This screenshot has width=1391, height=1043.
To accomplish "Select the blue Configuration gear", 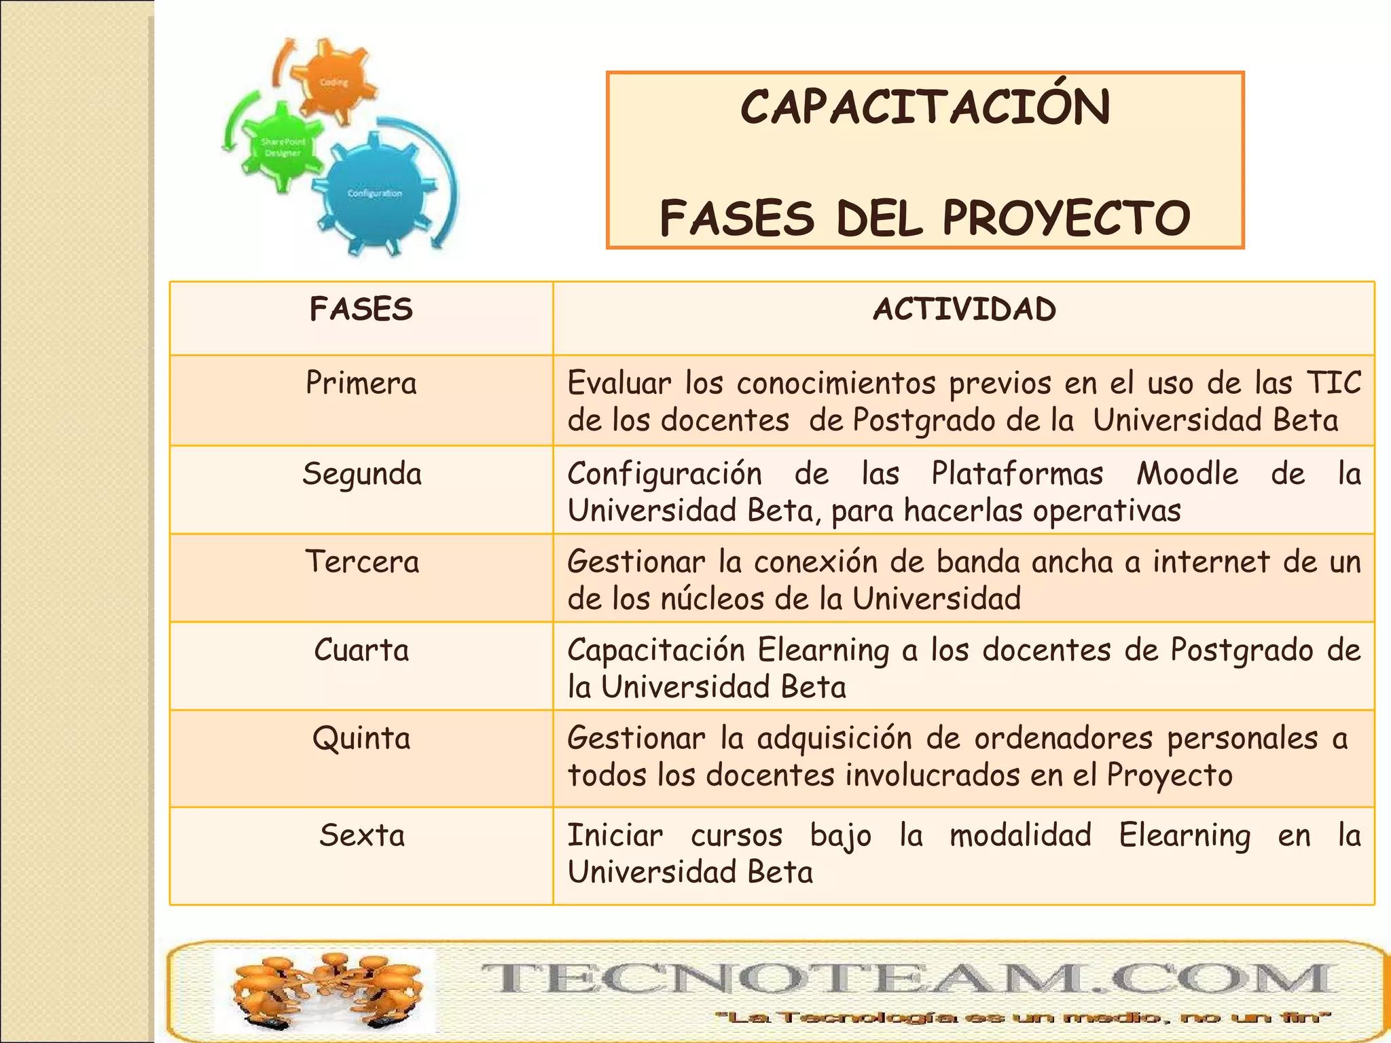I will point(374,194).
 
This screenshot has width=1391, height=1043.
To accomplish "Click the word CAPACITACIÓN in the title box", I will point(925,109).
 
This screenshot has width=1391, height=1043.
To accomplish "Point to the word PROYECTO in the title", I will point(1066,219).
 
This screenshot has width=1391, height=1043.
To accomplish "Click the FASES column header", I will point(361,310).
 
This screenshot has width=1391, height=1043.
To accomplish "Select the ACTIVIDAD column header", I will point(964,310).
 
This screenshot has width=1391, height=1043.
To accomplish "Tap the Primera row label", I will point(361,383).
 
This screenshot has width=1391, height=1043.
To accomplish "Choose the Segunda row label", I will point(362,474).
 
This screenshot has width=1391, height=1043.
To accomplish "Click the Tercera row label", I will point(362,562).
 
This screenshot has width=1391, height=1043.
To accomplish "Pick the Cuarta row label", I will point(361,651).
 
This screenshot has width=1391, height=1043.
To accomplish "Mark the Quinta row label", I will point(361,739).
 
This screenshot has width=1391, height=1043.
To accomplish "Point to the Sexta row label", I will point(362,835).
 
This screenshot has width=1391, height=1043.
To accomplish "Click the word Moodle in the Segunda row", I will point(1187,474).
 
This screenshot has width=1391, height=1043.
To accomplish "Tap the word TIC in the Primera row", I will point(1334,383).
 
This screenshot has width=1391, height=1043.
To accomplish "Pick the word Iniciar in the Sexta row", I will point(615,835).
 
